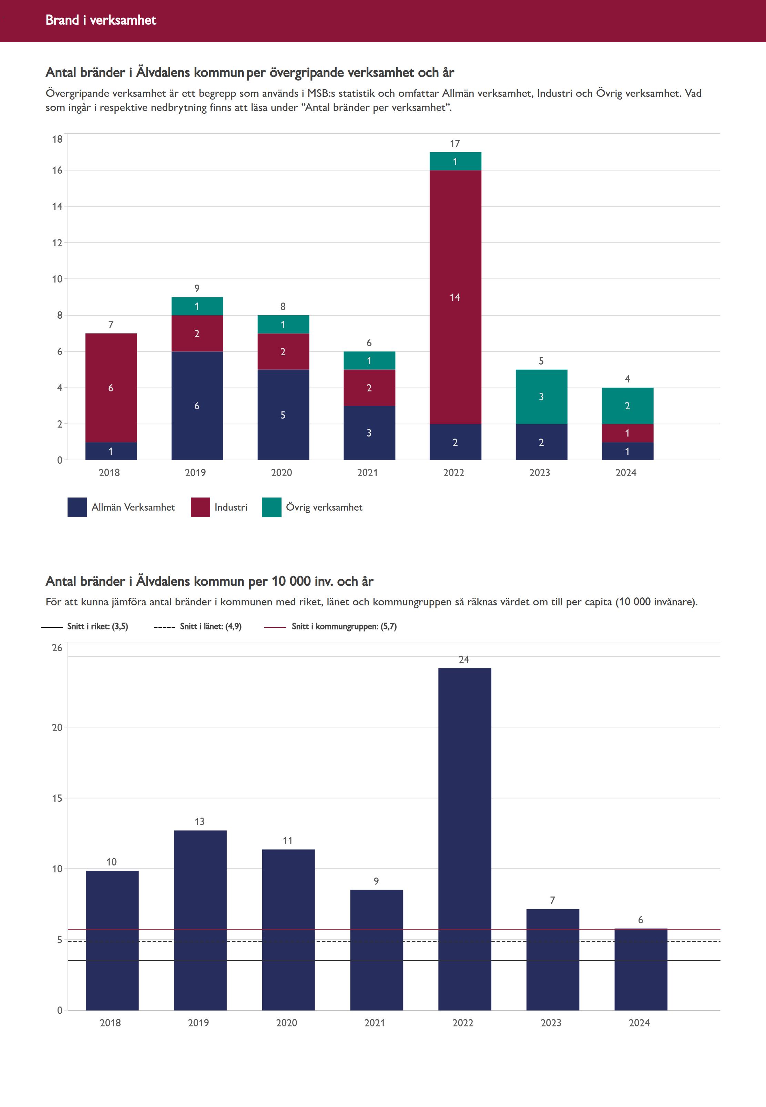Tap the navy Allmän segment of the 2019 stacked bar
[197, 406]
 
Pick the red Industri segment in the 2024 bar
[627, 433]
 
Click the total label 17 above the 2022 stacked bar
[455, 143]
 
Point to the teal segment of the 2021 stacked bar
[369, 360]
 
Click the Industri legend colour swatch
[200, 507]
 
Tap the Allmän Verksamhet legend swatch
[77, 507]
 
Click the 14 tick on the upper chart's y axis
[57, 206]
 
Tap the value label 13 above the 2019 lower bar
[199, 821]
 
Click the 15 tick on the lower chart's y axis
[57, 798]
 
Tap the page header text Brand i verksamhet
[101, 20]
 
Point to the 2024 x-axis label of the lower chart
[639, 1023]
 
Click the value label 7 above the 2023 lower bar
[552, 900]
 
